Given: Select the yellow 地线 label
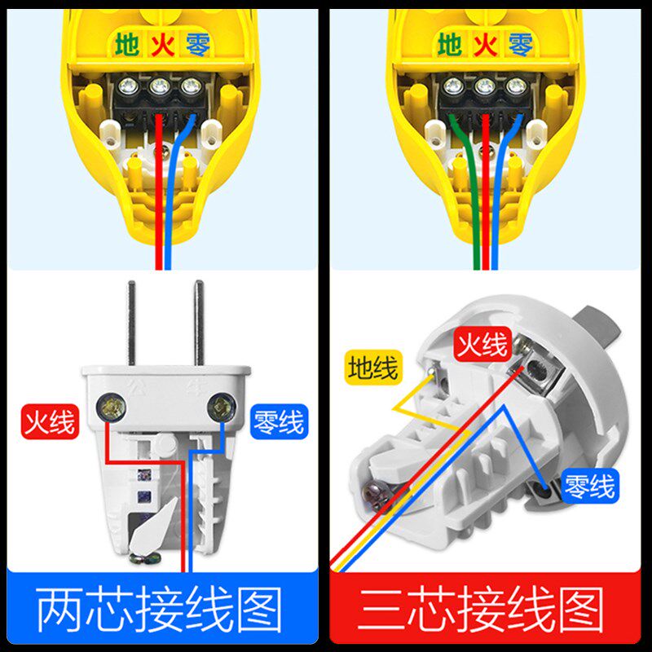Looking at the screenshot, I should point(372,367).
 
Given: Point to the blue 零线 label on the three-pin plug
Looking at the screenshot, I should point(589,487).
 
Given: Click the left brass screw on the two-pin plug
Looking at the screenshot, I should point(112,407).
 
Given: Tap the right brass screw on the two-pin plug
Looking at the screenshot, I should point(218,407).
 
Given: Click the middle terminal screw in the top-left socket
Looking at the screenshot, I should point(158,86).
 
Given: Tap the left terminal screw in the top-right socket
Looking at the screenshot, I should point(455,86).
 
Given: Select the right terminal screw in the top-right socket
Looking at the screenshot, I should point(514,86).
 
